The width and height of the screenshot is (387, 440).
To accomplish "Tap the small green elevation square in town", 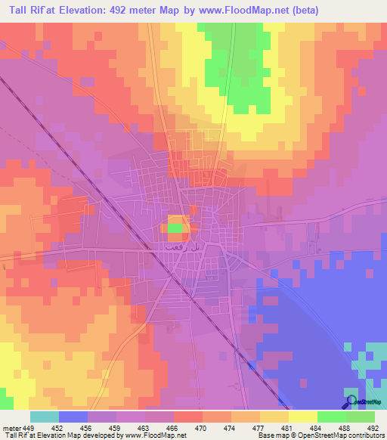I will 175,227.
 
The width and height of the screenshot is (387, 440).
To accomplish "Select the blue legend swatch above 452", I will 73,417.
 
